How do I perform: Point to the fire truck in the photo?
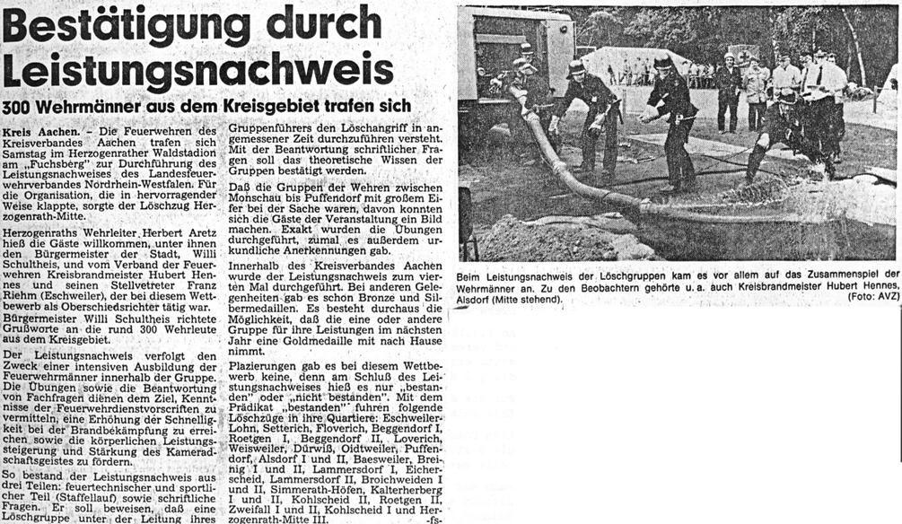click(512, 54)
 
